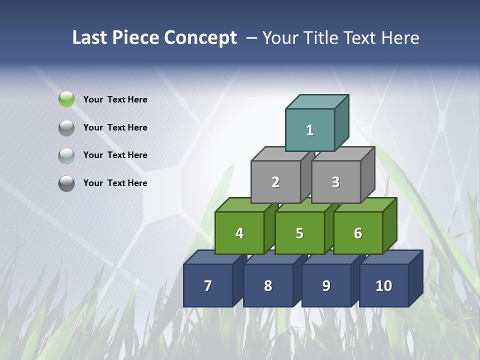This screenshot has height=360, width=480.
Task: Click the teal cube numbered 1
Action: [x=310, y=130]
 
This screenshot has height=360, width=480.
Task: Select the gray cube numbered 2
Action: [x=275, y=182]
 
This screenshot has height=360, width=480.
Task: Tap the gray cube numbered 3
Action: [x=335, y=182]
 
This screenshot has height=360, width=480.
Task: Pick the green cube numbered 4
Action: [x=239, y=233]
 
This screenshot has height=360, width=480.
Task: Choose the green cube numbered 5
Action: [x=299, y=233]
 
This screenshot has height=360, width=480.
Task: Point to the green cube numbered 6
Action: [x=358, y=233]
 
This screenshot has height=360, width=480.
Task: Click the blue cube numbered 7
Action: [x=208, y=285]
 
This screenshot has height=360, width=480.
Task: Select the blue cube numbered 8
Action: [x=268, y=285]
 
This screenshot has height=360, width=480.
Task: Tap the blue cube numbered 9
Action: [x=326, y=285]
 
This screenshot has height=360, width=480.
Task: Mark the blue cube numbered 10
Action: [x=383, y=285]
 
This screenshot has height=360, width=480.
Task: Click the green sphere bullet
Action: [x=66, y=99]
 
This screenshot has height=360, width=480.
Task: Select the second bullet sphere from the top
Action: [x=66, y=127]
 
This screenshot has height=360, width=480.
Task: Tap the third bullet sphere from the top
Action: [x=66, y=155]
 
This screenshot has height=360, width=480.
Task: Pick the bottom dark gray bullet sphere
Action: [x=66, y=183]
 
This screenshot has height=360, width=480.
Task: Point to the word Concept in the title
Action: [x=200, y=37]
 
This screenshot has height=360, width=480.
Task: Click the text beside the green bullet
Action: [x=115, y=99]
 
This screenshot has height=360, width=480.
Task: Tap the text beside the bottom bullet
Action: [x=115, y=183]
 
